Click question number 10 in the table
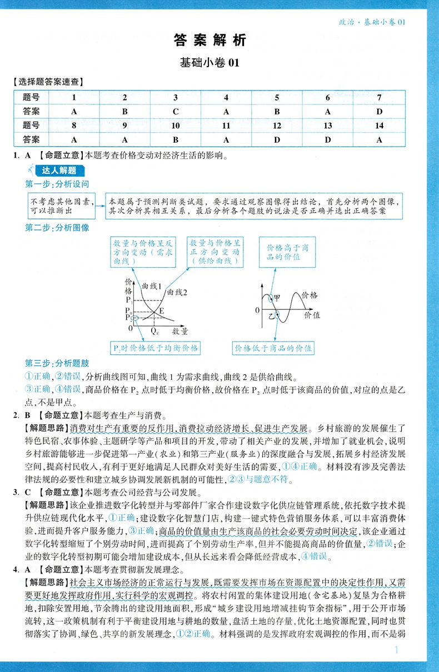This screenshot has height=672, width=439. tap(176, 126)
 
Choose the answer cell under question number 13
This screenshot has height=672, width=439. tap(328, 140)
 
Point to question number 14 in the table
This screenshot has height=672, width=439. tap(380, 126)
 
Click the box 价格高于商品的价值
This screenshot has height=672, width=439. tap(287, 252)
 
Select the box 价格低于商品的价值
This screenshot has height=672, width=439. tap(273, 348)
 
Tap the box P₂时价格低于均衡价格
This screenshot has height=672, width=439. tap(154, 348)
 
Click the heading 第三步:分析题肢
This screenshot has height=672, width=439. tap(57, 363)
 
